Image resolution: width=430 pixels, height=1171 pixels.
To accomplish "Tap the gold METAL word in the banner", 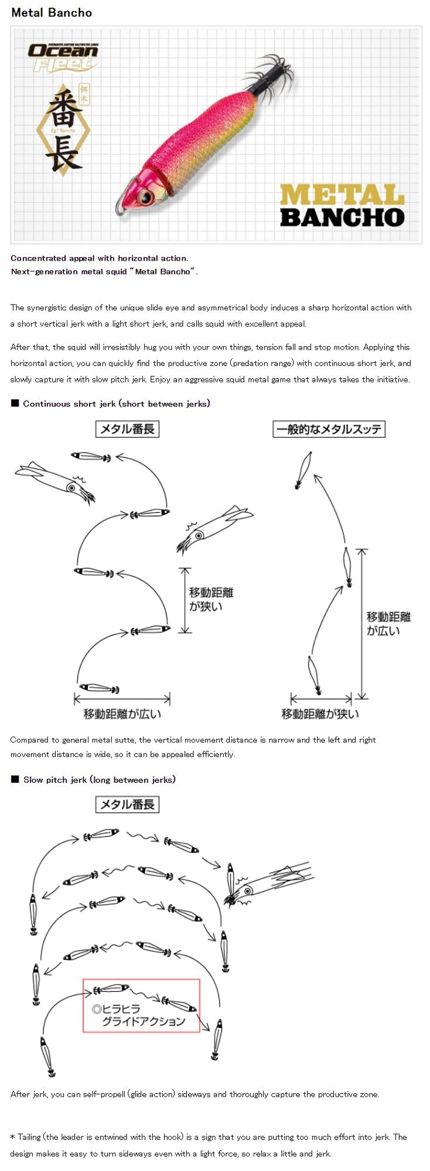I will pyautogui.click(x=342, y=195).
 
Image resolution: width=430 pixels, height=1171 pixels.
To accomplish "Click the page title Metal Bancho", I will pyautogui.click(x=52, y=12).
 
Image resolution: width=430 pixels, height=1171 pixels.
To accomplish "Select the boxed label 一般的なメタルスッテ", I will pyautogui.click(x=329, y=429).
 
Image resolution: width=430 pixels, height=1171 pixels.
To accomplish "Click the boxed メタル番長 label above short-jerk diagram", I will pyautogui.click(x=127, y=429).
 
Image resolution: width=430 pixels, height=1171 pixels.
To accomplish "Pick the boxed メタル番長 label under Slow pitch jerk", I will pyautogui.click(x=127, y=804).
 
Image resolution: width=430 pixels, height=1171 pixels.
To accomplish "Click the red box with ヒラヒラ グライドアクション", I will pyautogui.click(x=141, y=1005).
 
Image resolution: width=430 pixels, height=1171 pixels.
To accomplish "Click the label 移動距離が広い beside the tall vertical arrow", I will pyautogui.click(x=389, y=624).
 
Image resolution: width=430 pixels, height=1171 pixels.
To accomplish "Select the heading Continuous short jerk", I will pyautogui.click(x=116, y=403).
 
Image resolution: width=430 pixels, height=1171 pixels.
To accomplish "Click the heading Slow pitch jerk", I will pyautogui.click(x=99, y=779).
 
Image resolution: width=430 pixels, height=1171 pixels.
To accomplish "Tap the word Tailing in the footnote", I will pyautogui.click(x=29, y=1136).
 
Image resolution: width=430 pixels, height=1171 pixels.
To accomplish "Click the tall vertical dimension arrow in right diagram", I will pyautogui.click(x=362, y=624).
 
